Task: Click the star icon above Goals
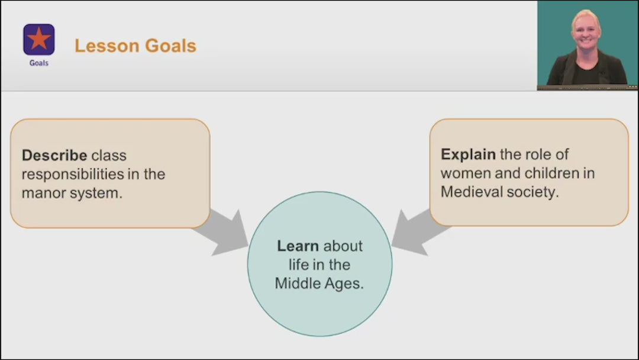tap(39, 39)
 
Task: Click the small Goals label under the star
tap(39, 63)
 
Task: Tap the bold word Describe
tap(55, 156)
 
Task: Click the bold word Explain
tap(468, 155)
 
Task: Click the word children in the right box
tap(543, 173)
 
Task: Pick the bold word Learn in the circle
tap(298, 246)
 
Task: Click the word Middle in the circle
tap(296, 284)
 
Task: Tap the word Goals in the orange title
tap(169, 46)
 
